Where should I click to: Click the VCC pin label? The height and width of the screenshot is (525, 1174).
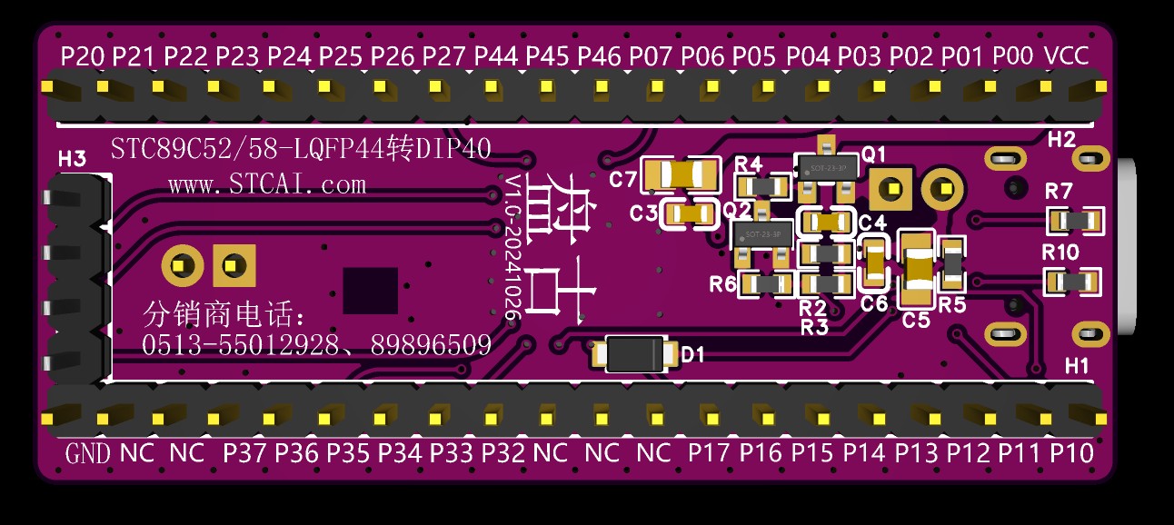[1068, 56]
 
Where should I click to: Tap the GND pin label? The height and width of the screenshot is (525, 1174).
[88, 453]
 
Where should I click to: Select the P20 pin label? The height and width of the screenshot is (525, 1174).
[82, 56]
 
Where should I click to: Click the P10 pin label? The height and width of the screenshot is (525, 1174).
[1072, 453]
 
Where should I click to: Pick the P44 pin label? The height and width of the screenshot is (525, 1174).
[496, 56]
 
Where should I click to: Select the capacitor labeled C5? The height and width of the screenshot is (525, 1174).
[916, 269]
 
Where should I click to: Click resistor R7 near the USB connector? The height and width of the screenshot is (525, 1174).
[1076, 220]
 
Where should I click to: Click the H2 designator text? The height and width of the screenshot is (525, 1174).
[1061, 140]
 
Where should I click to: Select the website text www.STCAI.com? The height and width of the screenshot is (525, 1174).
[267, 185]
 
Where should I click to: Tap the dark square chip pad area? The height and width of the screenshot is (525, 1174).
[370, 291]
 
